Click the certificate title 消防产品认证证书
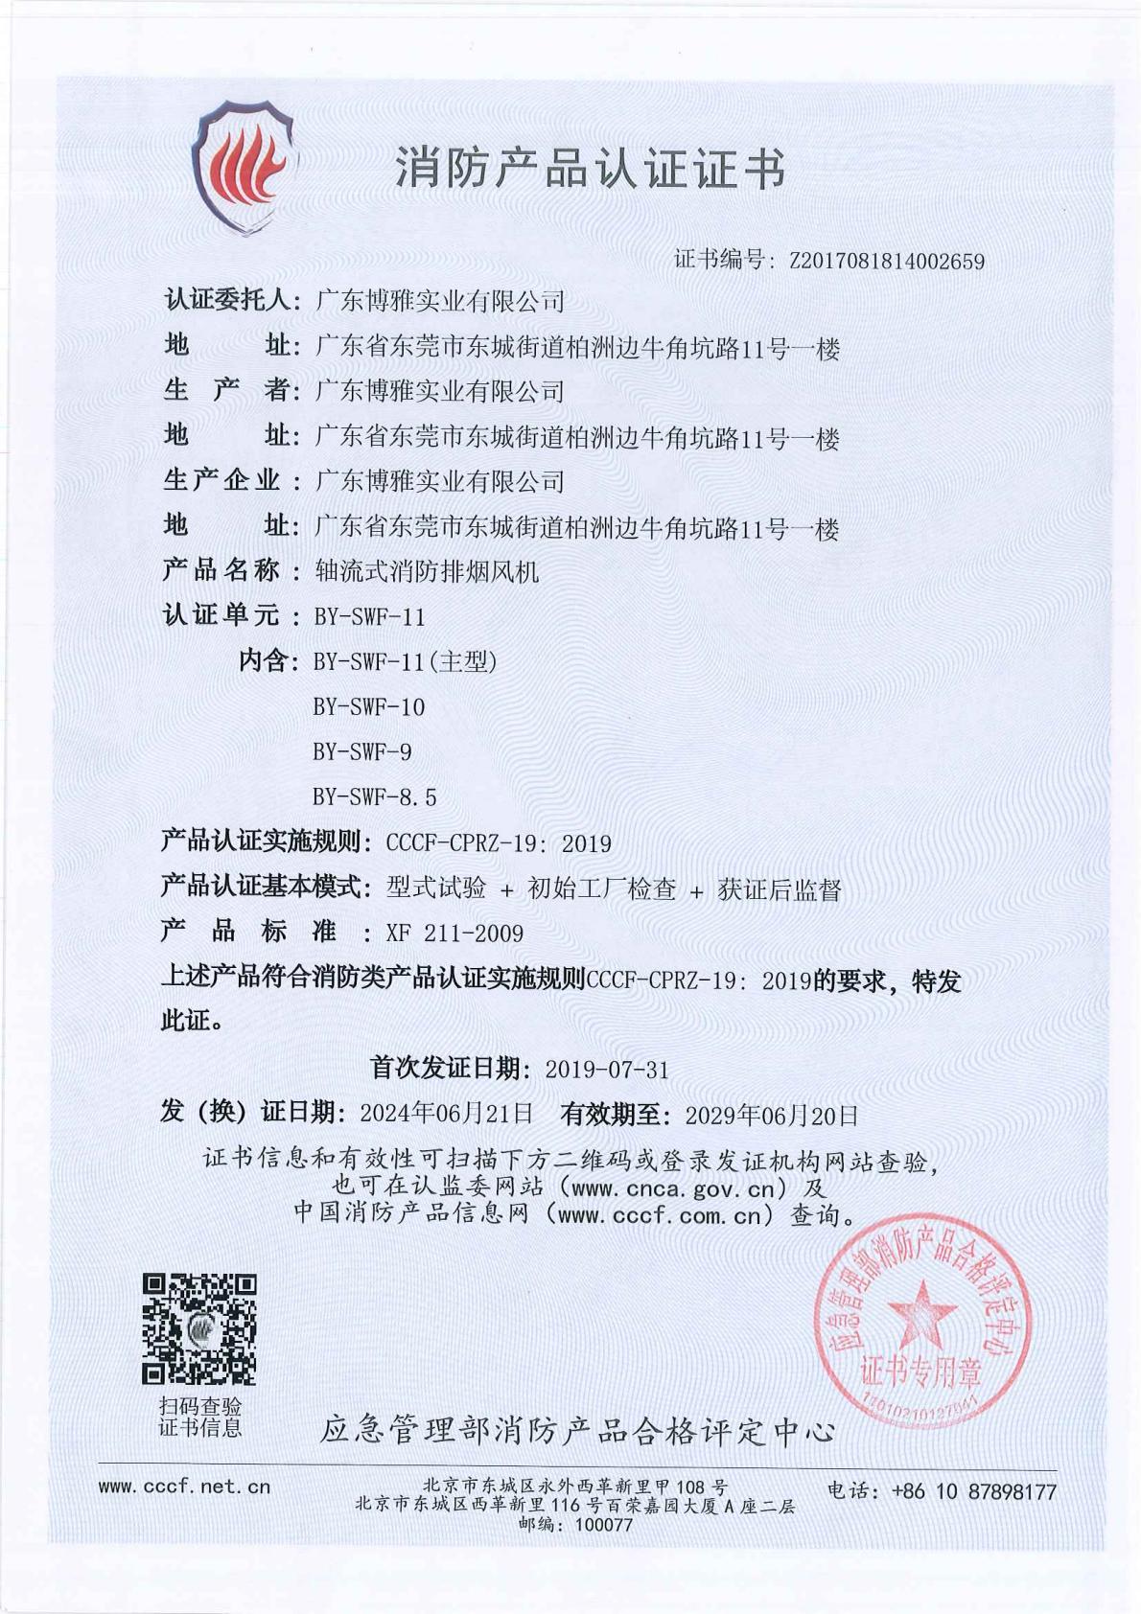591,169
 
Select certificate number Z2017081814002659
886,261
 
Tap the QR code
199,1328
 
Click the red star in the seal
921,1313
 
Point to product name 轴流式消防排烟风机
427,572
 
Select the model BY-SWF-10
368,707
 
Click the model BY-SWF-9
361,752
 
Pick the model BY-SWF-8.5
374,796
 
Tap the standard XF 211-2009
454,934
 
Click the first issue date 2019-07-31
606,1070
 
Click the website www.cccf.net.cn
185,1487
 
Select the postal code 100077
604,1525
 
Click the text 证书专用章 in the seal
920,1372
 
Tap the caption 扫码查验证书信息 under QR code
199,1417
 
